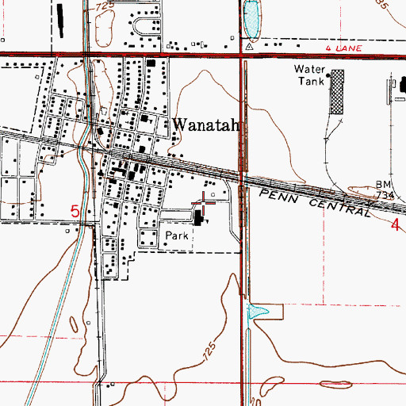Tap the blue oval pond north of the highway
pos(251,19)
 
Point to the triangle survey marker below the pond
pos(249,47)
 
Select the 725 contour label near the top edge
pos(103,6)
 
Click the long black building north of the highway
pos(58,20)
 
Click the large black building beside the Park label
pos(197,216)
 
